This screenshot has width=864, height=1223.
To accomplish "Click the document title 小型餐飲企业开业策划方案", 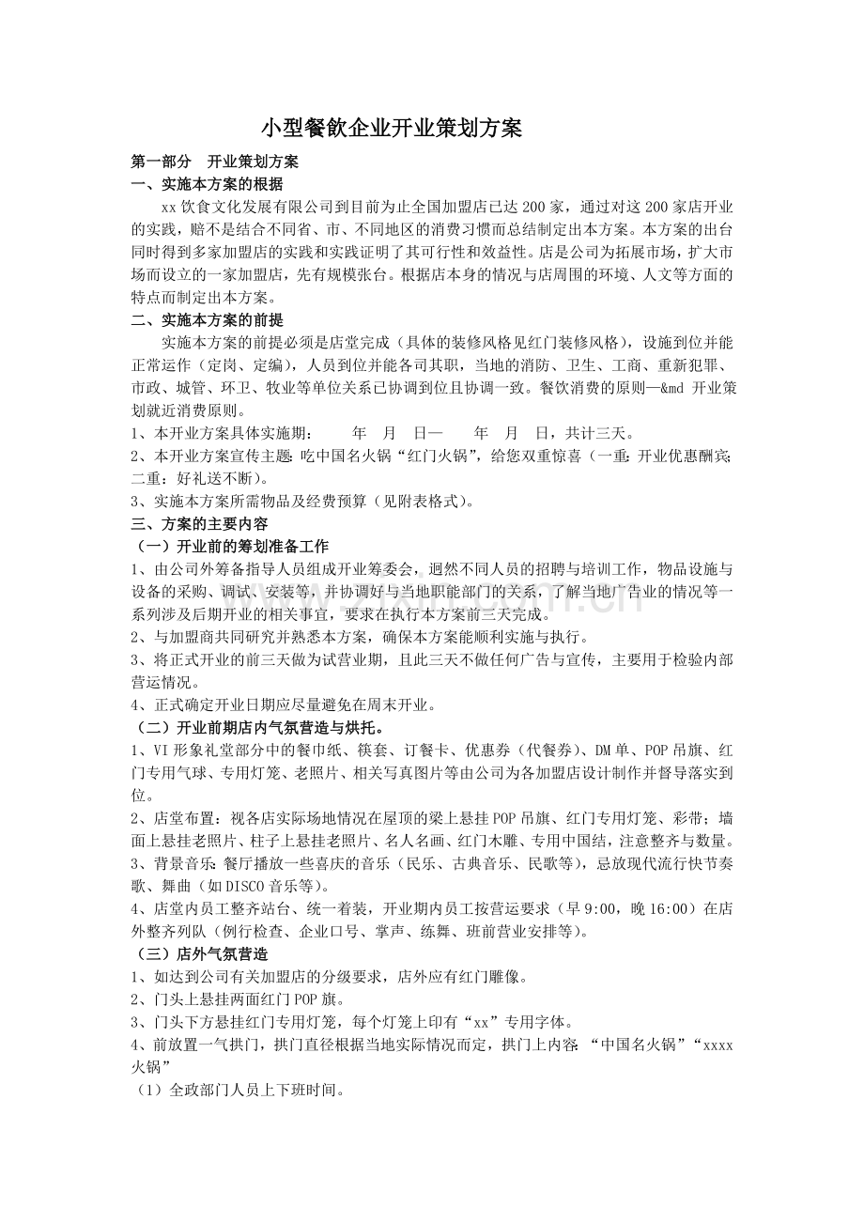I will [391, 128].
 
